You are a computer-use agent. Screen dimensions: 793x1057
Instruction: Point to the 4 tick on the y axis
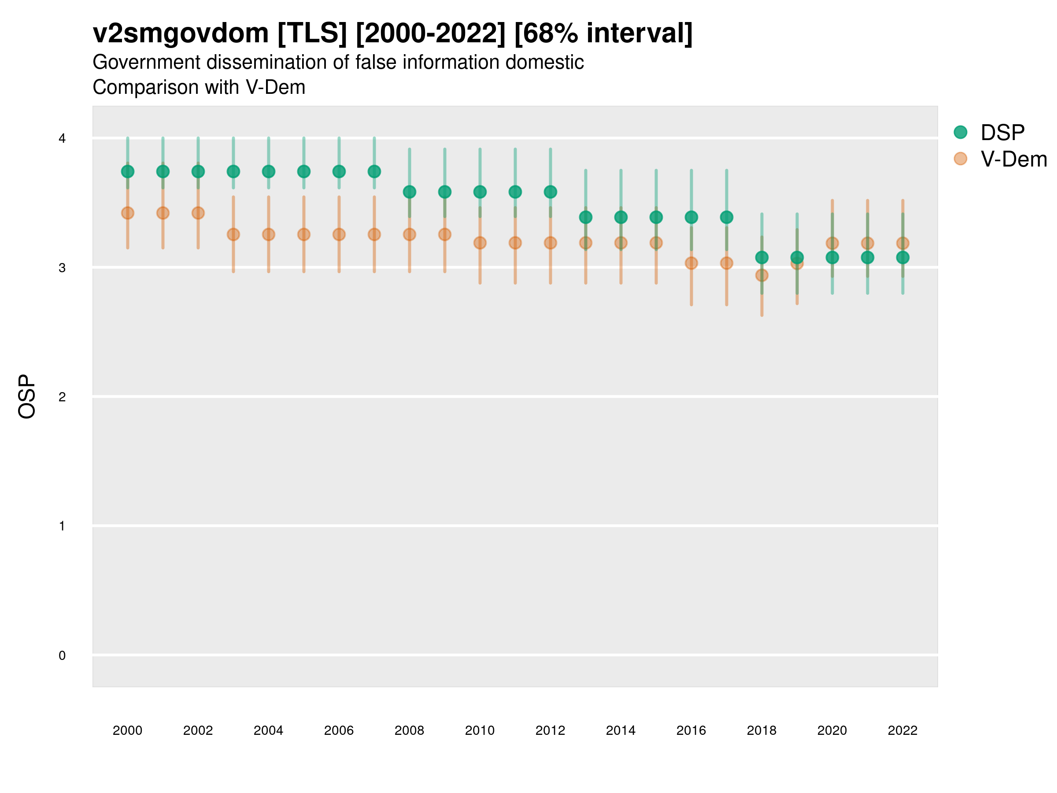[62, 139]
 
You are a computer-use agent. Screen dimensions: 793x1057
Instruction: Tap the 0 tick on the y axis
[62, 656]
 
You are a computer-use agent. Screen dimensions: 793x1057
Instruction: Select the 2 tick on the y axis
[62, 397]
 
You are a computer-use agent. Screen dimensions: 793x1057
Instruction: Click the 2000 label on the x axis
[128, 730]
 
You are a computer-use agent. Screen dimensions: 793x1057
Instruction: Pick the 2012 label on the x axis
[550, 730]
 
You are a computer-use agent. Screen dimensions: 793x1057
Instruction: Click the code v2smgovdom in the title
[181, 33]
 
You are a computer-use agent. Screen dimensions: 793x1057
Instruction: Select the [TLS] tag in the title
[312, 33]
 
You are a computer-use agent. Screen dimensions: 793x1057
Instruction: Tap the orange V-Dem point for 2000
[128, 213]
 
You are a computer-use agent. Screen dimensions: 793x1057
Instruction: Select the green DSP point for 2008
[410, 192]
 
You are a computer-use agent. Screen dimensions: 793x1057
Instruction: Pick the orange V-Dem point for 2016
[691, 263]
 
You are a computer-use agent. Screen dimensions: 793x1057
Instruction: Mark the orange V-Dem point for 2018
[761, 275]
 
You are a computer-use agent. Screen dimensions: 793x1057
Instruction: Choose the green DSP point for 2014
[621, 217]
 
